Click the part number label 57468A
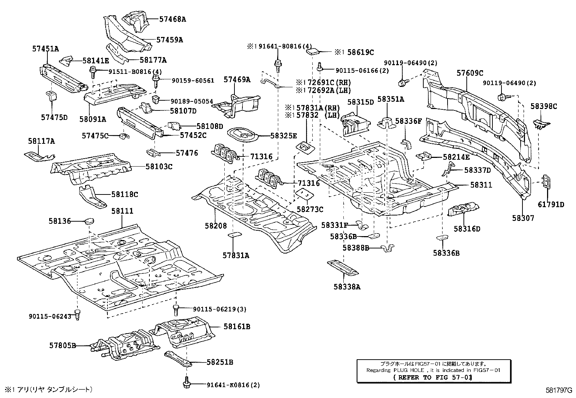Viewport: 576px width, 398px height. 173,19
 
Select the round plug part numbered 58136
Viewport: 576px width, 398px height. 89,220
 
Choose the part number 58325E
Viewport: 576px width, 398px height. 283,136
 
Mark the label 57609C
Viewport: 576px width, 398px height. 469,73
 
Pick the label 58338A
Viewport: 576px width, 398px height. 347,287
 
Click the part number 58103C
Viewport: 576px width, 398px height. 159,167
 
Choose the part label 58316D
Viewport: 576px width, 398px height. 467,229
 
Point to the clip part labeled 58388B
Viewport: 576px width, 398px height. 388,249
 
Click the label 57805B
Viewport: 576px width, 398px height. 63,346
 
